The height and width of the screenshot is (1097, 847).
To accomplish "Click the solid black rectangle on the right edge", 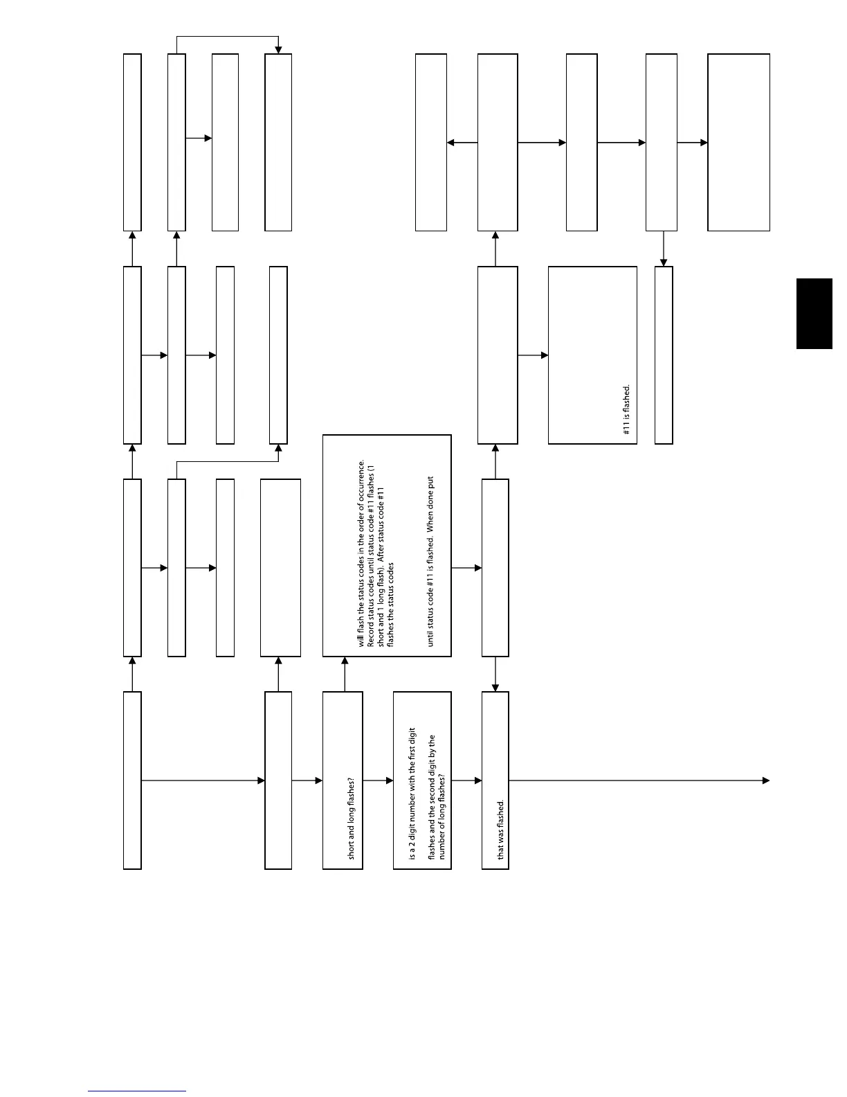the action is point(814,314).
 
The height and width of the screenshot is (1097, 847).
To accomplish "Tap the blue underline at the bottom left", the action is point(137,1091).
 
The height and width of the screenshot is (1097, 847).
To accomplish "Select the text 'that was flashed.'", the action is point(501,830).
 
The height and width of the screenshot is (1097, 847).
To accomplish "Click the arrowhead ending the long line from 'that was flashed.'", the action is point(766,781).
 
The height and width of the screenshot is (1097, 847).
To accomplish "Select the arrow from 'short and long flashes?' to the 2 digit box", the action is point(378,781).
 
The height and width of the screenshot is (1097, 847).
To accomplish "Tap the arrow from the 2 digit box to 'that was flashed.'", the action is point(466,781).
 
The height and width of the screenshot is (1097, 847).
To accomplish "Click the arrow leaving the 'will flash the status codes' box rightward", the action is point(466,568).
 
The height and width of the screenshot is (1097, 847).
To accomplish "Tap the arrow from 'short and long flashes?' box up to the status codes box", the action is point(345,674).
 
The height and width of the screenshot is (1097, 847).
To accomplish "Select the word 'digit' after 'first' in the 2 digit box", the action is point(412,738).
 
